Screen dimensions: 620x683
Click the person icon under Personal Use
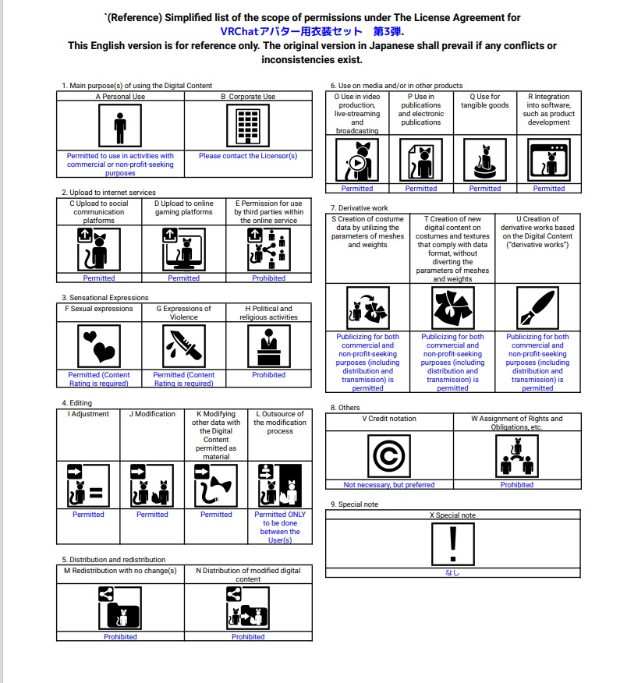(120, 126)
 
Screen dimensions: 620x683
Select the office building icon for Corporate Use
(248, 126)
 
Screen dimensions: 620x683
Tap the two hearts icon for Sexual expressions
(99, 346)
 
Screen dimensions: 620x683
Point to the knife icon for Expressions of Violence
(184, 346)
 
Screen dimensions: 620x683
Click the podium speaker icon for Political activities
(269, 346)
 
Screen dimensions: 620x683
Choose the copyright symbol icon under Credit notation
(389, 456)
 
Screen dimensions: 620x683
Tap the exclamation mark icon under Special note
(452, 544)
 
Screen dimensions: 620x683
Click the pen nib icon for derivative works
(537, 307)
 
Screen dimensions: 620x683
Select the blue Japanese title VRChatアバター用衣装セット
(291, 31)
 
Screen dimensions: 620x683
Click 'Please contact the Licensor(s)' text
(248, 155)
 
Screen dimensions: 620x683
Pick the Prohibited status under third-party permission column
(269, 278)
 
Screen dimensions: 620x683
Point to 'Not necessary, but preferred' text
(389, 484)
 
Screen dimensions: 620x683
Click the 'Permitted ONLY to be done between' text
(280, 522)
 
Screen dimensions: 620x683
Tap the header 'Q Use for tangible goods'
(485, 101)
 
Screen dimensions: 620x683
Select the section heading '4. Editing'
(76, 403)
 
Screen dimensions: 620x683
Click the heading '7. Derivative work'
(359, 207)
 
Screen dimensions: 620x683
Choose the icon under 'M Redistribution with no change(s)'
(120, 608)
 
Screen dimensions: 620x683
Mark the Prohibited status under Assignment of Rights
(517, 484)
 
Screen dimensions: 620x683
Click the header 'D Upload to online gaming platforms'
(184, 207)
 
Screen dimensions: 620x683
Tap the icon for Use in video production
(357, 159)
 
